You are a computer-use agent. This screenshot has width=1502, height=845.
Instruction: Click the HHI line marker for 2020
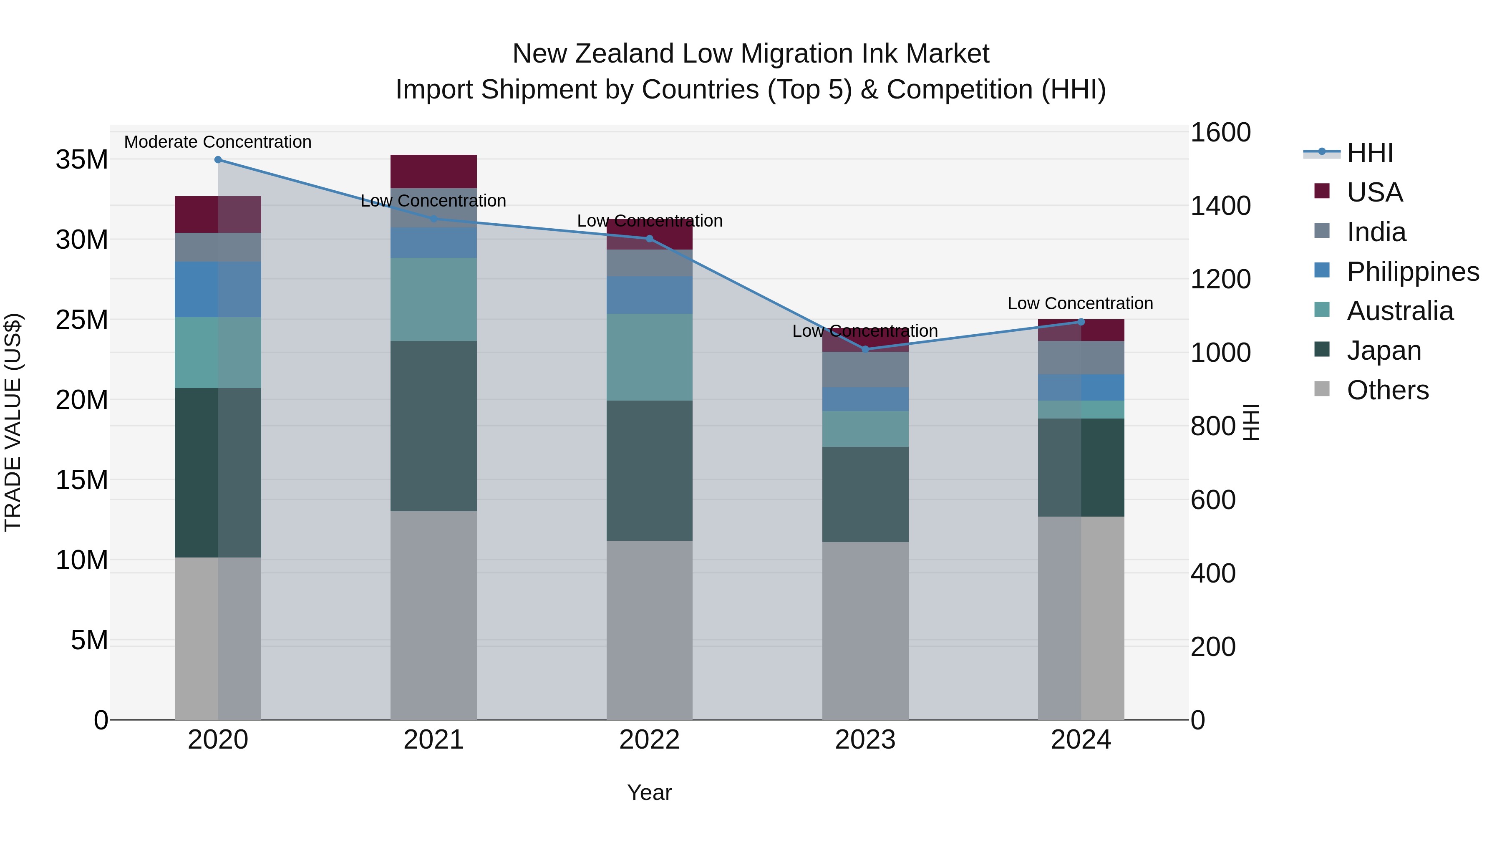[218, 160]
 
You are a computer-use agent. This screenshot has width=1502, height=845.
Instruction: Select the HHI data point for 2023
[865, 349]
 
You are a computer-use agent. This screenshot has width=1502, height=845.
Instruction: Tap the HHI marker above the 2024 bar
[1081, 322]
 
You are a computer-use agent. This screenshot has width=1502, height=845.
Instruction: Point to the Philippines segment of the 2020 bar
[218, 289]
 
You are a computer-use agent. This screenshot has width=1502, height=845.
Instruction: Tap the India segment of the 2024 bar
[1081, 358]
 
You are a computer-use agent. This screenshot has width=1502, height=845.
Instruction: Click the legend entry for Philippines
[1412, 271]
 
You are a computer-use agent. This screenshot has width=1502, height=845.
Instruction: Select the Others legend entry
[1387, 390]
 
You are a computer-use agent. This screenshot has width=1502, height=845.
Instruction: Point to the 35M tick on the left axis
[82, 160]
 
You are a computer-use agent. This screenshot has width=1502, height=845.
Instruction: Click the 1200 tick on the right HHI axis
[1220, 279]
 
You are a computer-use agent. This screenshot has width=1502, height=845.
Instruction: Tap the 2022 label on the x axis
[650, 740]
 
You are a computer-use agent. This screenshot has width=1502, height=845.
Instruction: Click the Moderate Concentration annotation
[218, 142]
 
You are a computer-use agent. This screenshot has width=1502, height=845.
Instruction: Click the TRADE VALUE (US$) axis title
[13, 422]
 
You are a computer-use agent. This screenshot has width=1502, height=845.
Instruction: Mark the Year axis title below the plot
[650, 792]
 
